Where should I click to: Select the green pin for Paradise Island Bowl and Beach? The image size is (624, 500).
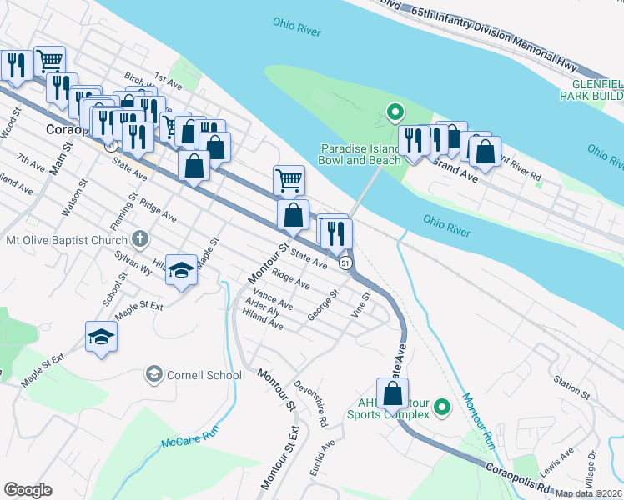click(x=395, y=111)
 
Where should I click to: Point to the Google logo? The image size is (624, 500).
click(x=28, y=490)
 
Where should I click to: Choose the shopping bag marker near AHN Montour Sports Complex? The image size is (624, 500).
click(x=393, y=392)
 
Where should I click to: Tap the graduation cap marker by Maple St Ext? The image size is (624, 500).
click(x=102, y=336)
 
